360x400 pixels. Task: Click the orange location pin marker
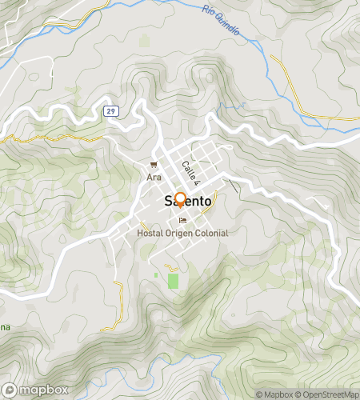pos(180,199)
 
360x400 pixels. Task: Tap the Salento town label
pos(188,202)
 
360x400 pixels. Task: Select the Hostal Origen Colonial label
pos(182,233)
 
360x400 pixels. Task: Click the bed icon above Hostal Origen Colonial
pos(183,221)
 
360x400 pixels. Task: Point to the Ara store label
pos(154,176)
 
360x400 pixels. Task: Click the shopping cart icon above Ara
pos(154,165)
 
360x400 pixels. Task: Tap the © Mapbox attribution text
pos(274,394)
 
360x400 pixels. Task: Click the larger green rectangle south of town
pos(173,281)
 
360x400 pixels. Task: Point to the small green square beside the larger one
pos(156,275)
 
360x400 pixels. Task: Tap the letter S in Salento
pos(168,202)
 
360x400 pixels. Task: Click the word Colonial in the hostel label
pos(210,233)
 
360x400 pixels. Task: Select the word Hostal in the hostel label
pos(150,233)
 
